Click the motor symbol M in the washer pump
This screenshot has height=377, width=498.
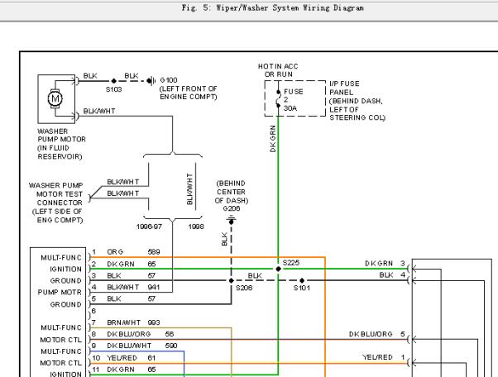pyautogui.click(x=55, y=98)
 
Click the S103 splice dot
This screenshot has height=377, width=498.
pyautogui.click(x=114, y=81)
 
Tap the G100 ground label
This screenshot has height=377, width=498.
pyautogui.click(x=169, y=80)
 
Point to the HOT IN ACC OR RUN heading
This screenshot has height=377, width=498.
pyautogui.click(x=278, y=70)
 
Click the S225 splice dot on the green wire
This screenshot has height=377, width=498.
pyautogui.click(x=278, y=269)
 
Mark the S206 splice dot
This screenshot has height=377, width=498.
pyautogui.click(x=232, y=280)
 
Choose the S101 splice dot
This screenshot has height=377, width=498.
pyautogui.click(x=302, y=280)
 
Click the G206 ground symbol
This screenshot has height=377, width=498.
pyautogui.click(x=232, y=220)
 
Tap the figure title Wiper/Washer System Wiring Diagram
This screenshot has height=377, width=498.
pyautogui.click(x=273, y=8)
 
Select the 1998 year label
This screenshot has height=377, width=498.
pyautogui.click(x=196, y=227)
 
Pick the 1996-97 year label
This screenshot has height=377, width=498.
pyautogui.click(x=149, y=227)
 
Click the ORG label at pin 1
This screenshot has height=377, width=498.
pyautogui.click(x=115, y=252)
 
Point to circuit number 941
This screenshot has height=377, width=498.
pyautogui.click(x=153, y=287)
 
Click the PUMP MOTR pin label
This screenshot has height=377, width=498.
pyautogui.click(x=60, y=293)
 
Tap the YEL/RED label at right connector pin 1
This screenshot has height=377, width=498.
pyautogui.click(x=377, y=357)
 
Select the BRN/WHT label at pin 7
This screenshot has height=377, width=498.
pyautogui.click(x=123, y=322)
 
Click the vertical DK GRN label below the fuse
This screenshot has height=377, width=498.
pyautogui.click(x=273, y=139)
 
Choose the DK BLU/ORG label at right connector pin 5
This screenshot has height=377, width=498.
pyautogui.click(x=371, y=334)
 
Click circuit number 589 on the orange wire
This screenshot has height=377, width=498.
pyautogui.click(x=154, y=252)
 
